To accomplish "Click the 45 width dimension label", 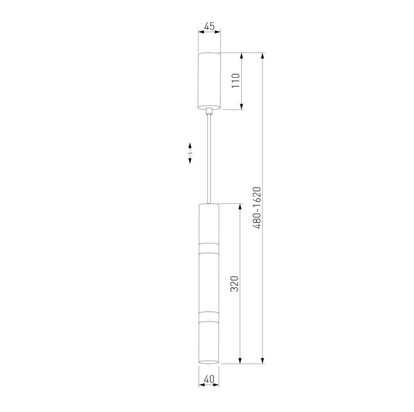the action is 209,26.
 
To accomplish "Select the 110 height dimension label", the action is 235,81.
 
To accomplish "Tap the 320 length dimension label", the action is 235,284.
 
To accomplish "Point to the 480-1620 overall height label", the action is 257,208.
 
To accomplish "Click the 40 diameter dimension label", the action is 209,379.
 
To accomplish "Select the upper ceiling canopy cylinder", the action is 209,81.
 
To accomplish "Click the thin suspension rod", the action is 209,159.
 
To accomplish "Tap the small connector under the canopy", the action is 209,111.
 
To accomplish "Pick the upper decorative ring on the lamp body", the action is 209,248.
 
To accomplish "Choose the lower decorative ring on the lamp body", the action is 209,317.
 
